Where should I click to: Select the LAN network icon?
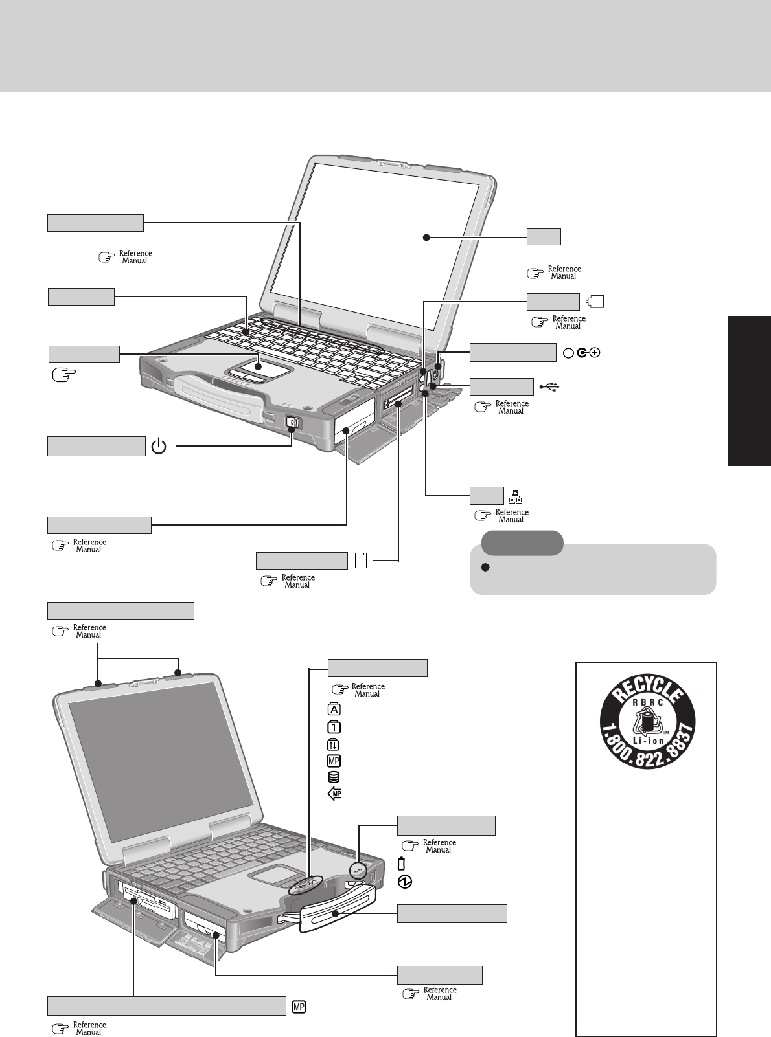(515, 496)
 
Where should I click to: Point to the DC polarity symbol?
(582, 353)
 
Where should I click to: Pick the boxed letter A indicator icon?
(335, 709)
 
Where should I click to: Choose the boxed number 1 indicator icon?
(335, 726)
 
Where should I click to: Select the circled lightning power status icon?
(402, 881)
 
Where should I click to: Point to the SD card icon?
(361, 561)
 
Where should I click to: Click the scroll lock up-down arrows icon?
(335, 744)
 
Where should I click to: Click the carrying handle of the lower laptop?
(337, 912)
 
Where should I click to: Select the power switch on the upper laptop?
(292, 423)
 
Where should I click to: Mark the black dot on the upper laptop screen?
(426, 238)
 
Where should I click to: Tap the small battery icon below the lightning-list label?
(401, 864)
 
